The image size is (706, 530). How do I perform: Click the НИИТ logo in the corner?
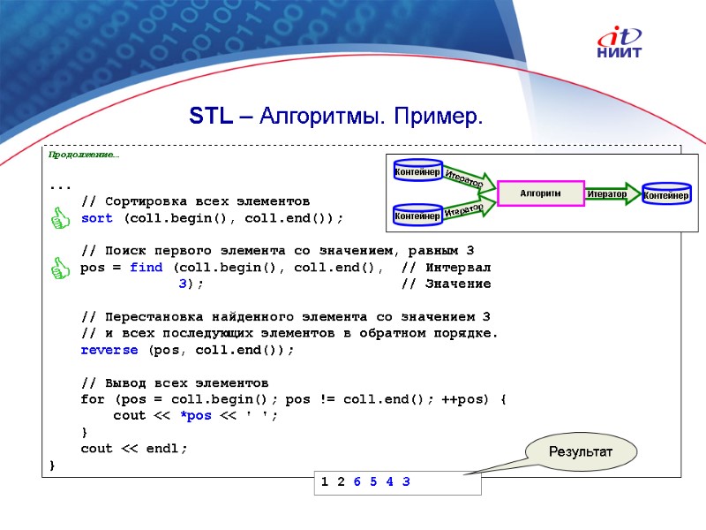click(x=620, y=43)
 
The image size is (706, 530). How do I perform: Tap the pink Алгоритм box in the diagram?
click(x=541, y=193)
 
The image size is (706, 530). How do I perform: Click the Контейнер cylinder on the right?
click(x=667, y=193)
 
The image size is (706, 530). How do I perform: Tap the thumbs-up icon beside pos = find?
click(x=60, y=268)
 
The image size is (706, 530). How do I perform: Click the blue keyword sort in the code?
click(x=96, y=218)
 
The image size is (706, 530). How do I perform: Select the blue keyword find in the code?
click(x=146, y=268)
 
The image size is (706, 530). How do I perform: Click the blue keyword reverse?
click(x=109, y=350)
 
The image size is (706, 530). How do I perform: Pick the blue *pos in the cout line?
click(x=195, y=416)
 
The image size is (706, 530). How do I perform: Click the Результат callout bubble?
click(x=581, y=451)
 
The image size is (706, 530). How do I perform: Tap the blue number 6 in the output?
click(x=357, y=482)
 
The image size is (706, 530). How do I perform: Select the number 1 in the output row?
click(x=325, y=482)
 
